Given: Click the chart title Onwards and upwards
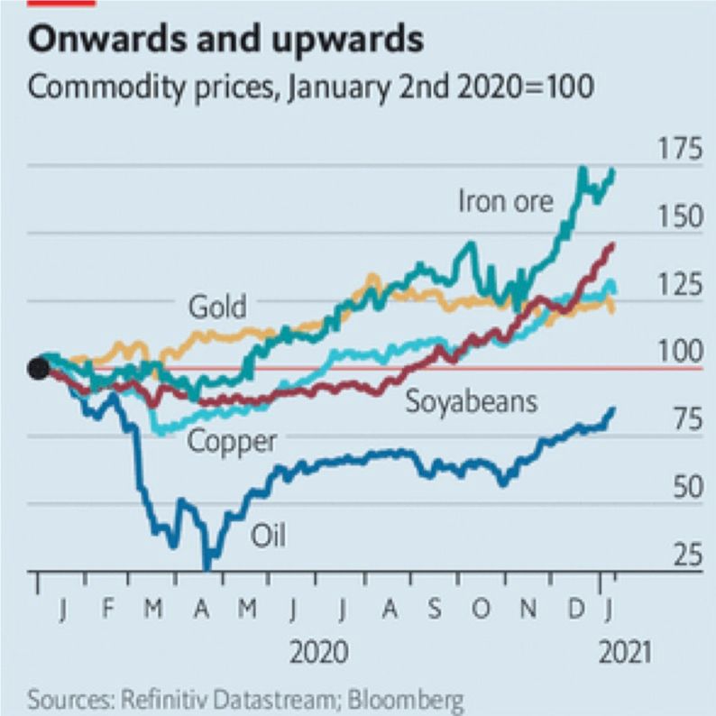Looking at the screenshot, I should pos(225,41).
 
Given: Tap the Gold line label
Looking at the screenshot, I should pos(216,307).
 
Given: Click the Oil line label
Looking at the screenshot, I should pos(267,537).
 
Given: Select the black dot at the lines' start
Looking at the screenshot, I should pos(38,368).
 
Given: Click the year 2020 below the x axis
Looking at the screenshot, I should pos(319,652).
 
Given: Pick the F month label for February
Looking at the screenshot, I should pos(108,610).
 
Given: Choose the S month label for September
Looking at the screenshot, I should pos(435,610).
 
